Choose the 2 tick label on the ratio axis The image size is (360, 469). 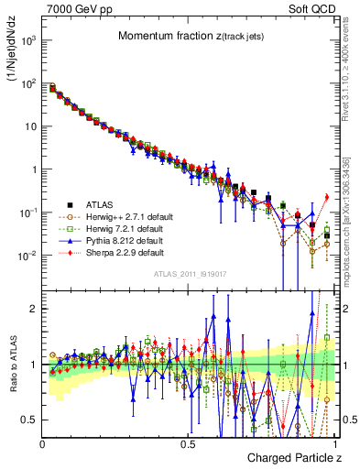pyautogui.click(x=33, y=309)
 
